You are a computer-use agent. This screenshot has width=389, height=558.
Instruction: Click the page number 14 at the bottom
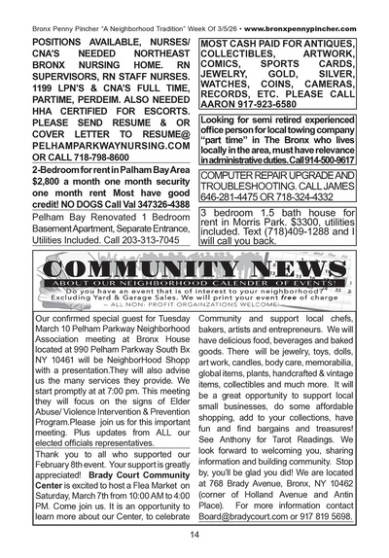tap(194, 534)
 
